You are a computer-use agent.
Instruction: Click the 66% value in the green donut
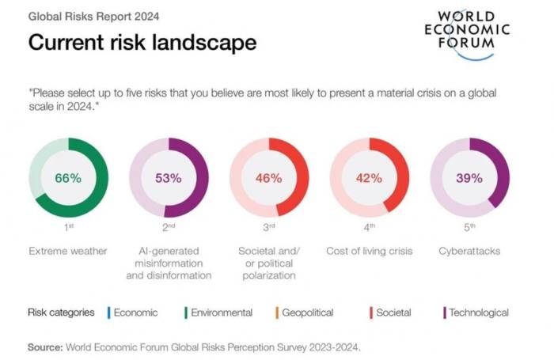point(68,178)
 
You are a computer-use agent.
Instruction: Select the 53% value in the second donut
point(169,178)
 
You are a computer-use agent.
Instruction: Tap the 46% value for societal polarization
point(269,178)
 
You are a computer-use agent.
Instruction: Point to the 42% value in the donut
point(370,178)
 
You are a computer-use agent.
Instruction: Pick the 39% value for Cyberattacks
point(470,178)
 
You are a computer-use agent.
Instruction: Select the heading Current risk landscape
point(142,42)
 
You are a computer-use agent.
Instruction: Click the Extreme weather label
point(68,251)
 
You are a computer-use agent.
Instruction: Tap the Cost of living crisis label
point(370,251)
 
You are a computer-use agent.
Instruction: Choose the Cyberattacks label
point(470,251)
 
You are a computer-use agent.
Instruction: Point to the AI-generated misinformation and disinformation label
point(169,263)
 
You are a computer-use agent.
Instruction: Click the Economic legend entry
point(135,313)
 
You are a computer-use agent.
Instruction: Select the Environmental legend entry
point(221,313)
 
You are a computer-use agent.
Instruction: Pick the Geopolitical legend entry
point(306,313)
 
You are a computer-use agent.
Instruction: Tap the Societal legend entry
point(393,313)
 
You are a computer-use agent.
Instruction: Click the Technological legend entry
point(478,313)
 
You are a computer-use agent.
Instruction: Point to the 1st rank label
point(68,227)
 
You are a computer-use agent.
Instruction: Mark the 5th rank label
point(470,227)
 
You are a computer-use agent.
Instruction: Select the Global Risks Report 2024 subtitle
point(83,15)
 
